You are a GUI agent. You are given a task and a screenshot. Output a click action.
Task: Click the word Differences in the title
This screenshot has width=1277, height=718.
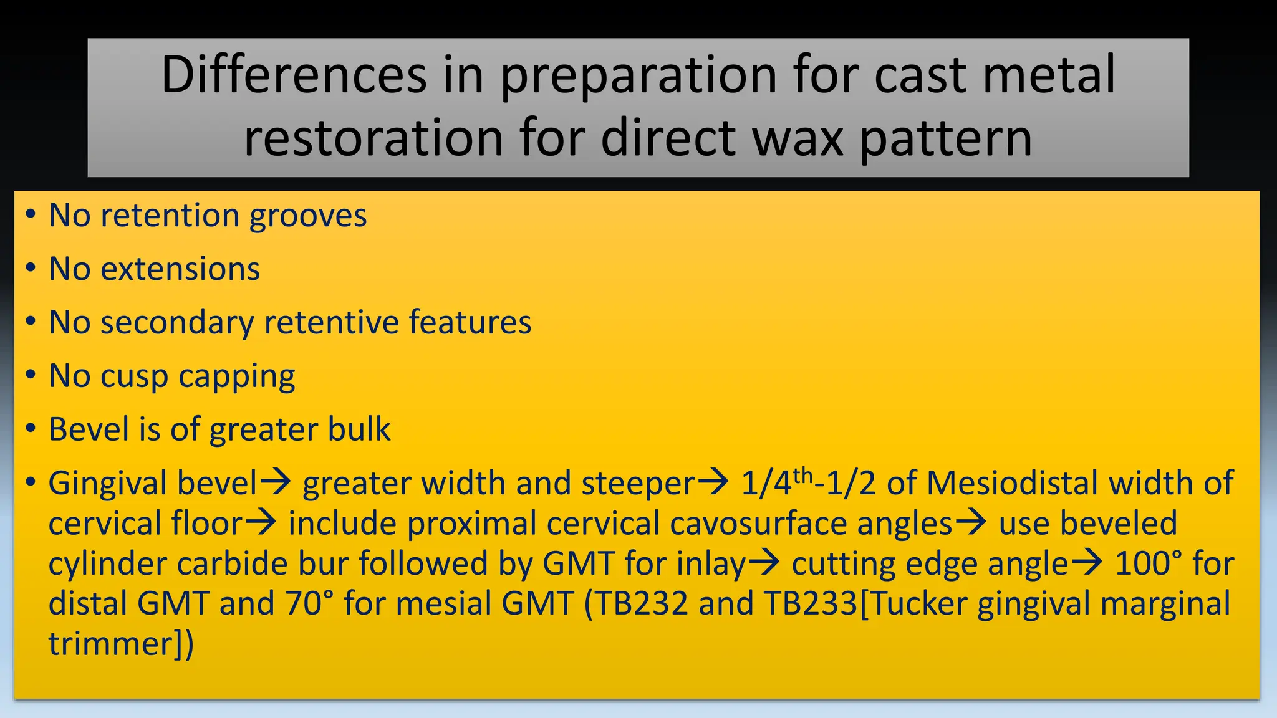click(x=294, y=75)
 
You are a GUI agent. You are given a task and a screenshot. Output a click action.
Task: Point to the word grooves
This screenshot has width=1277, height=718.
click(x=308, y=216)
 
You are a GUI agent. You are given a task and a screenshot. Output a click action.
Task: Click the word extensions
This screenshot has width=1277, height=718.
click(x=180, y=269)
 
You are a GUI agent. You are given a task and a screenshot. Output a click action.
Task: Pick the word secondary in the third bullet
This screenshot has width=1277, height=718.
click(x=176, y=323)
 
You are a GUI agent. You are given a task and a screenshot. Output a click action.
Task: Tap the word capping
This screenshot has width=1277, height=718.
click(x=237, y=376)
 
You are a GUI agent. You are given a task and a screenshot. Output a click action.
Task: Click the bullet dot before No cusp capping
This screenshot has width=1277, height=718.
click(x=31, y=375)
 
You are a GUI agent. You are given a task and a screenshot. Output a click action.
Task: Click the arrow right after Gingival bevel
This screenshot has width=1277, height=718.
click(x=276, y=482)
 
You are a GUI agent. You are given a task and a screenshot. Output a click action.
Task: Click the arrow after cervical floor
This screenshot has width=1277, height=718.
click(x=260, y=523)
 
